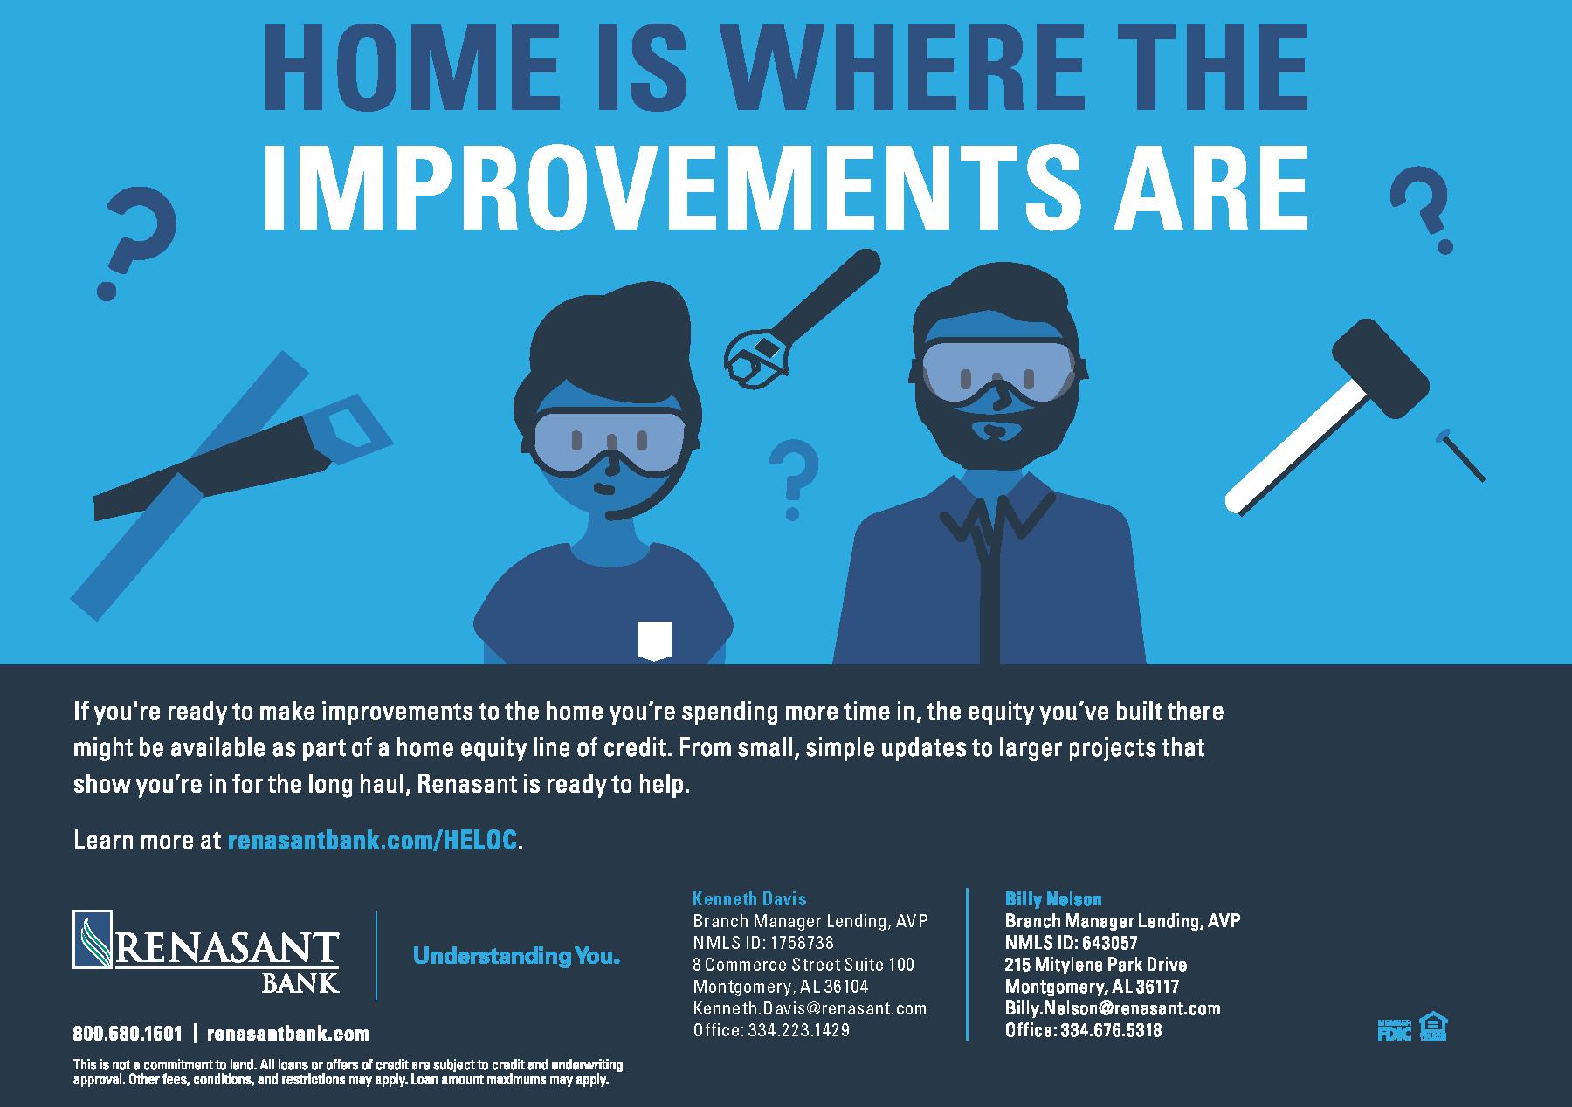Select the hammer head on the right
point(1379,367)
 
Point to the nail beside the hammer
point(1459,455)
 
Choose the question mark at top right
point(1421,210)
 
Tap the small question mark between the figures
point(794,479)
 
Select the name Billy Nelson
point(1053,898)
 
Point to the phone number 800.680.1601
point(128,1034)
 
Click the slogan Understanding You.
point(516,956)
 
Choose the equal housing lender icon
point(1433,1027)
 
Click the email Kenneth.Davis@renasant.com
point(810,1008)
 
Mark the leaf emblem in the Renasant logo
point(93,939)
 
